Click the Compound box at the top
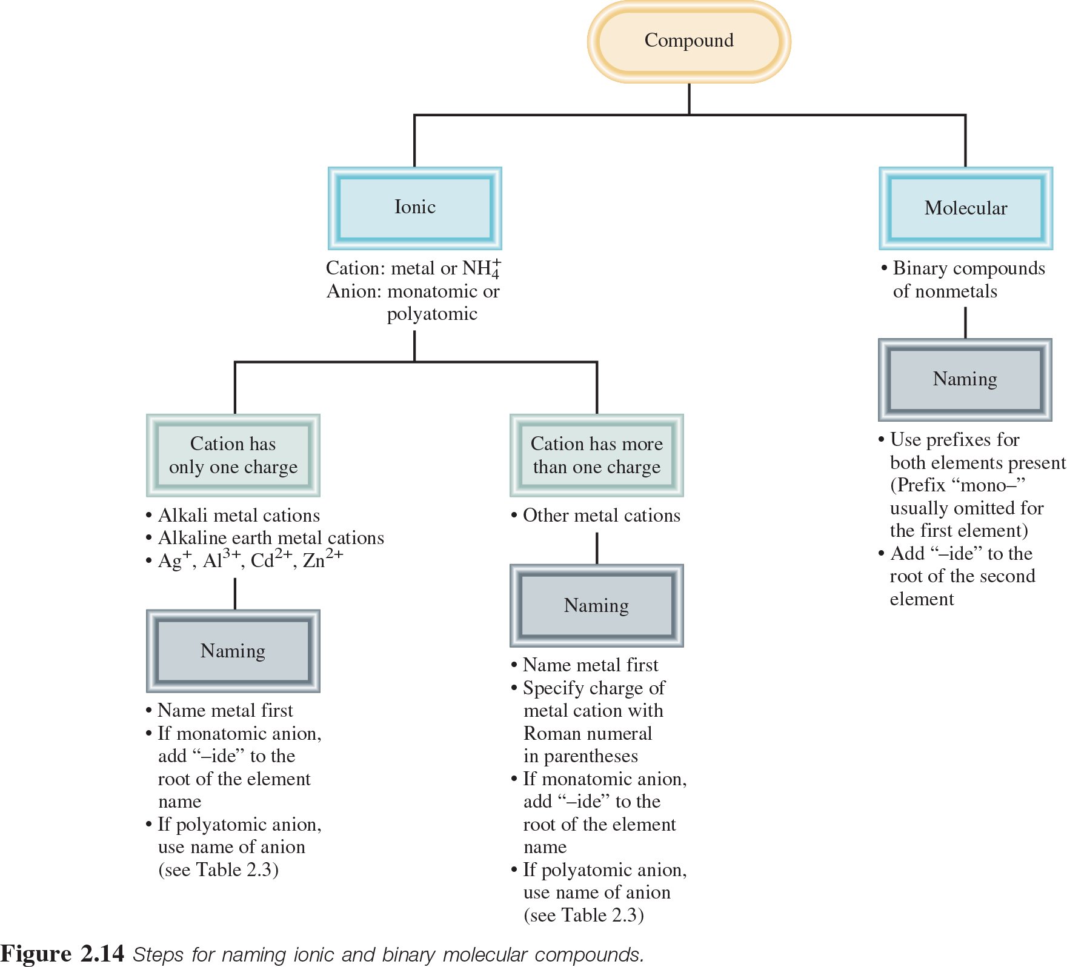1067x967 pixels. coord(689,41)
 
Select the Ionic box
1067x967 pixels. coord(415,208)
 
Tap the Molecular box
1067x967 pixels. coord(966,208)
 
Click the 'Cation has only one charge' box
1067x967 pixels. coord(233,455)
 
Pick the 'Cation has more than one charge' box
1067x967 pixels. coord(597,455)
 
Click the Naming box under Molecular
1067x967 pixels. coord(965,379)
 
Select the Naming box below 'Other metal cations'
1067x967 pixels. coord(597,605)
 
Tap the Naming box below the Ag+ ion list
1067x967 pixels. coord(233,651)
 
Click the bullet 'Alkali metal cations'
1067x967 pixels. coord(239,516)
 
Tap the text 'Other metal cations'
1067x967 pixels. coord(601,516)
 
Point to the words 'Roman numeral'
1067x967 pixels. coord(588,734)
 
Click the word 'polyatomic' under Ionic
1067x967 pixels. coord(432,314)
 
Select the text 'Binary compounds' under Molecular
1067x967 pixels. coord(968,268)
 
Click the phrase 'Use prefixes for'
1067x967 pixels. coord(954,440)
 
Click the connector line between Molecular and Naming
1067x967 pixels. coord(965,322)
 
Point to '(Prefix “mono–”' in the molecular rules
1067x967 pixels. coord(957,485)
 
